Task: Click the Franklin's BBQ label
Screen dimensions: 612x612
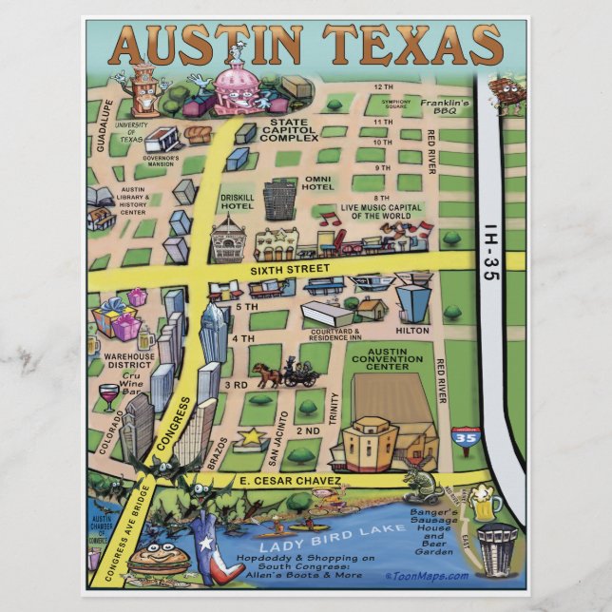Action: click(446, 106)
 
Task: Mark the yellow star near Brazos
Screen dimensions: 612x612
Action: click(253, 437)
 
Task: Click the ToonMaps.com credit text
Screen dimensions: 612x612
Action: click(427, 576)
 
